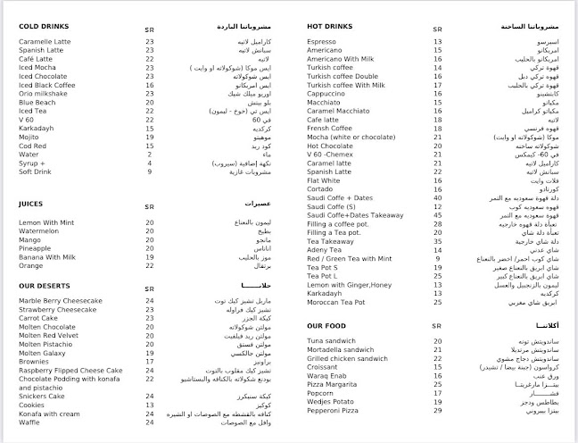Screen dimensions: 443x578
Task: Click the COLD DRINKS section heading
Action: coord(43,26)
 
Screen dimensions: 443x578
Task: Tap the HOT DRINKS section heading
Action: coord(330,26)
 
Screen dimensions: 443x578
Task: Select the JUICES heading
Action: coord(32,204)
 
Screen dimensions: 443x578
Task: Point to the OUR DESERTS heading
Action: coord(45,287)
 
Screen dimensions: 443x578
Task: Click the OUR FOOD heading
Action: coord(326,326)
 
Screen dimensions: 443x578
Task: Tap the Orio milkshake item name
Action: coord(45,92)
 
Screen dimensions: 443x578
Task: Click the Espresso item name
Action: coord(321,42)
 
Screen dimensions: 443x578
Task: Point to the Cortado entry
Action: coord(319,188)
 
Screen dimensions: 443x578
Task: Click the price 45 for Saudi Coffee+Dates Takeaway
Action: coord(438,213)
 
